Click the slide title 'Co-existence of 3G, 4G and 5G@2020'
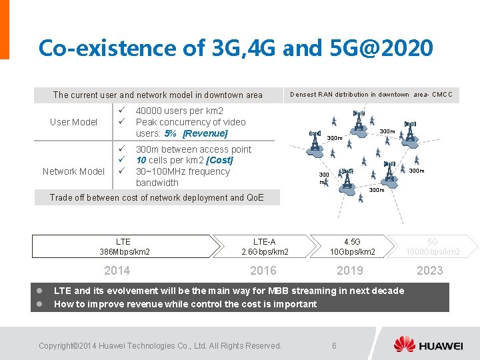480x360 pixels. click(x=236, y=48)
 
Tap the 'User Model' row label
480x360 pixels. click(x=73, y=122)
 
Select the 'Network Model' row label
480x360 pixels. click(x=73, y=171)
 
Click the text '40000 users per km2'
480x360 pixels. click(x=179, y=111)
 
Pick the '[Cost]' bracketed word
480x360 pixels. click(x=219, y=161)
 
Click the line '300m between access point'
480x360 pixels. click(x=193, y=149)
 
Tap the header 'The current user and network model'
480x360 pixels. click(x=158, y=95)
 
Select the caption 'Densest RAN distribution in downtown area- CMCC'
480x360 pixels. click(x=371, y=95)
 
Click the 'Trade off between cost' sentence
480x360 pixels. click(x=157, y=197)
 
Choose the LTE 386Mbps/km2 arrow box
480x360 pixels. click(x=124, y=247)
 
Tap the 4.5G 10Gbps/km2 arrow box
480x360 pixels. click(x=352, y=247)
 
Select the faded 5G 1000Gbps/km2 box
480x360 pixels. click(x=433, y=247)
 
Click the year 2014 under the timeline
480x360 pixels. click(x=117, y=270)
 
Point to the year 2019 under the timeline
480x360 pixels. click(x=350, y=270)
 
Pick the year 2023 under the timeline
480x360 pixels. click(x=429, y=270)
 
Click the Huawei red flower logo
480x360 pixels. click(x=404, y=345)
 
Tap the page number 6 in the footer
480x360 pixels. click(x=334, y=345)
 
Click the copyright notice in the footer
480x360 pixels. click(x=160, y=345)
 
